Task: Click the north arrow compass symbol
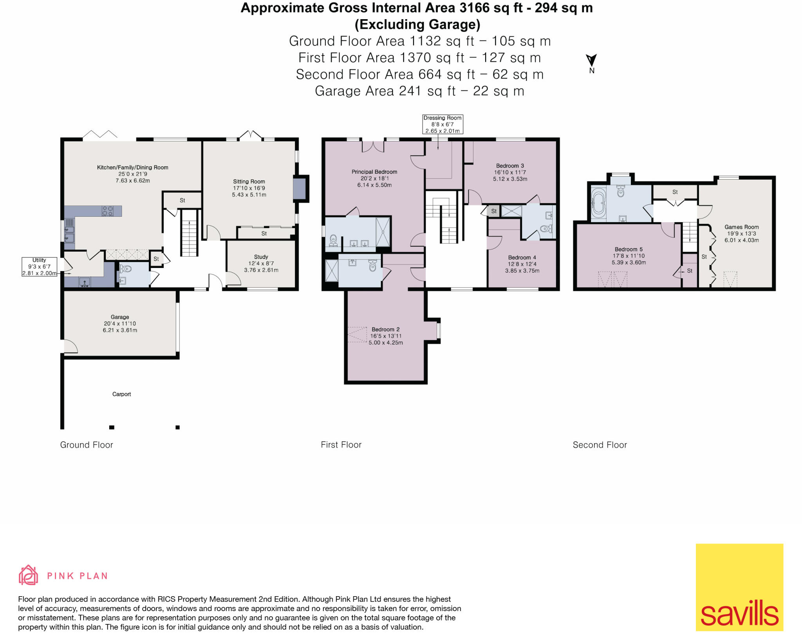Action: coord(591,61)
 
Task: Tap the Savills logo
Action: coord(739,587)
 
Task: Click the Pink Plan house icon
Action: coord(28,575)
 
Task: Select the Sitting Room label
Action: coord(249,182)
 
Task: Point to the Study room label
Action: coord(261,257)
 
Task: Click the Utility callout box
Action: coord(39,267)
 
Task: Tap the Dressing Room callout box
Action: coord(443,124)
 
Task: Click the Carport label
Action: coord(121,394)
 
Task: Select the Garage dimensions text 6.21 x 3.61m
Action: coord(120,330)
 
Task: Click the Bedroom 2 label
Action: coord(385,329)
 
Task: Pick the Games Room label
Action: coord(741,227)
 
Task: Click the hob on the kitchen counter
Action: coord(107,211)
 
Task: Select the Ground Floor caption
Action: coord(87,445)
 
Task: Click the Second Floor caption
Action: coord(600,445)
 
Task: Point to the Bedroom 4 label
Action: coord(522,257)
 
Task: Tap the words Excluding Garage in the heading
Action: coord(417,24)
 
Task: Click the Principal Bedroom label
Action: coord(374,172)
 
